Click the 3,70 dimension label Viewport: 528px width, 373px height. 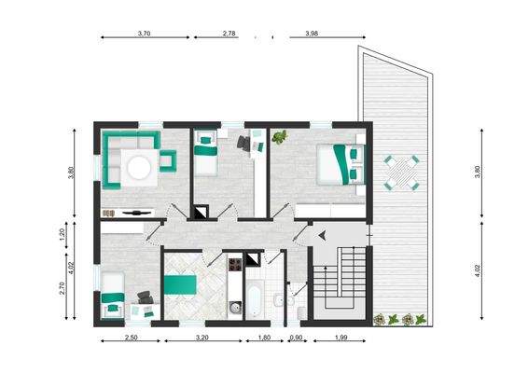click(x=144, y=33)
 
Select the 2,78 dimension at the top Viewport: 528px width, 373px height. click(x=229, y=33)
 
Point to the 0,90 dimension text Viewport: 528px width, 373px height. click(x=296, y=338)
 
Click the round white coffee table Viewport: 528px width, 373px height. click(x=138, y=168)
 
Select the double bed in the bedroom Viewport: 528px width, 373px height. click(x=339, y=163)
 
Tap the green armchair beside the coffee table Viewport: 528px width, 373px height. click(x=169, y=160)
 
